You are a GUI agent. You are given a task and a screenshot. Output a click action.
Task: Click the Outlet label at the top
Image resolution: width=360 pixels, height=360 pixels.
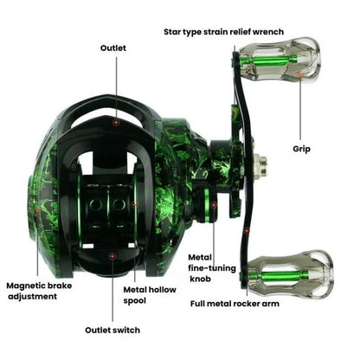[113, 48]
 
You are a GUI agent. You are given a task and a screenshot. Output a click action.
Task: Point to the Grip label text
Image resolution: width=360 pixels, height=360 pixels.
[301, 149]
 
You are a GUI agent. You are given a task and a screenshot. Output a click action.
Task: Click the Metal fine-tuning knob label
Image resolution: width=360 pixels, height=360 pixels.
[212, 269]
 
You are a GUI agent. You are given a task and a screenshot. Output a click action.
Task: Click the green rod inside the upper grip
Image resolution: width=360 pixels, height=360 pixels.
[274, 59]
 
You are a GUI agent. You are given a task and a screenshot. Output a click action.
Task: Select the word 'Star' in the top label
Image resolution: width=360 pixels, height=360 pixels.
[176, 31]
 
